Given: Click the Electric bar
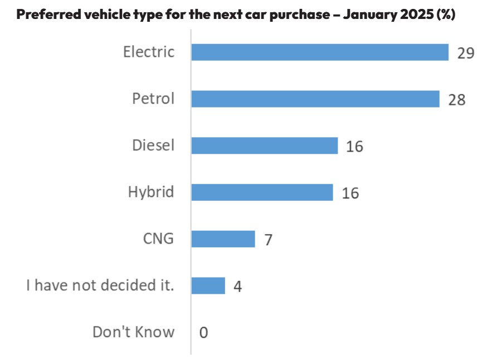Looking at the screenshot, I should pos(320,52).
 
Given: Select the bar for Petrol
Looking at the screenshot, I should pos(315,99).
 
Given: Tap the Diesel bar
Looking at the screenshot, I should pos(265,146).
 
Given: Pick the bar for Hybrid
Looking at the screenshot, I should pos(262,192).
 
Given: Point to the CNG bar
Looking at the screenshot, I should pos(223,239).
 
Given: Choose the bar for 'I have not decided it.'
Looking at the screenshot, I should pos(208,286).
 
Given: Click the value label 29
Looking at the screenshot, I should pos(465,53).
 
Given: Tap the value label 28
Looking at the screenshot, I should pos(456,100).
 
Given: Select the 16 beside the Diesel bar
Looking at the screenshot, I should pos(354,147).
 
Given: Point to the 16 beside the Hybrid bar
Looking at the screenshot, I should pos(350,193).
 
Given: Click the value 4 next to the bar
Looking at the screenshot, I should pos(237,287).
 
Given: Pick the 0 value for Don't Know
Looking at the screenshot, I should pos(203,333).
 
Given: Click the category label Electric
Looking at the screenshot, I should pos(149,52).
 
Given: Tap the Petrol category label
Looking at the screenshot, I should pos(153,99).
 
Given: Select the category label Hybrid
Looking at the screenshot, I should pos(151,193).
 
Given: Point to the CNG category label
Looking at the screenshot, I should pos(158,239).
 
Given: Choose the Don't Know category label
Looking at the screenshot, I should pos(133,333).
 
